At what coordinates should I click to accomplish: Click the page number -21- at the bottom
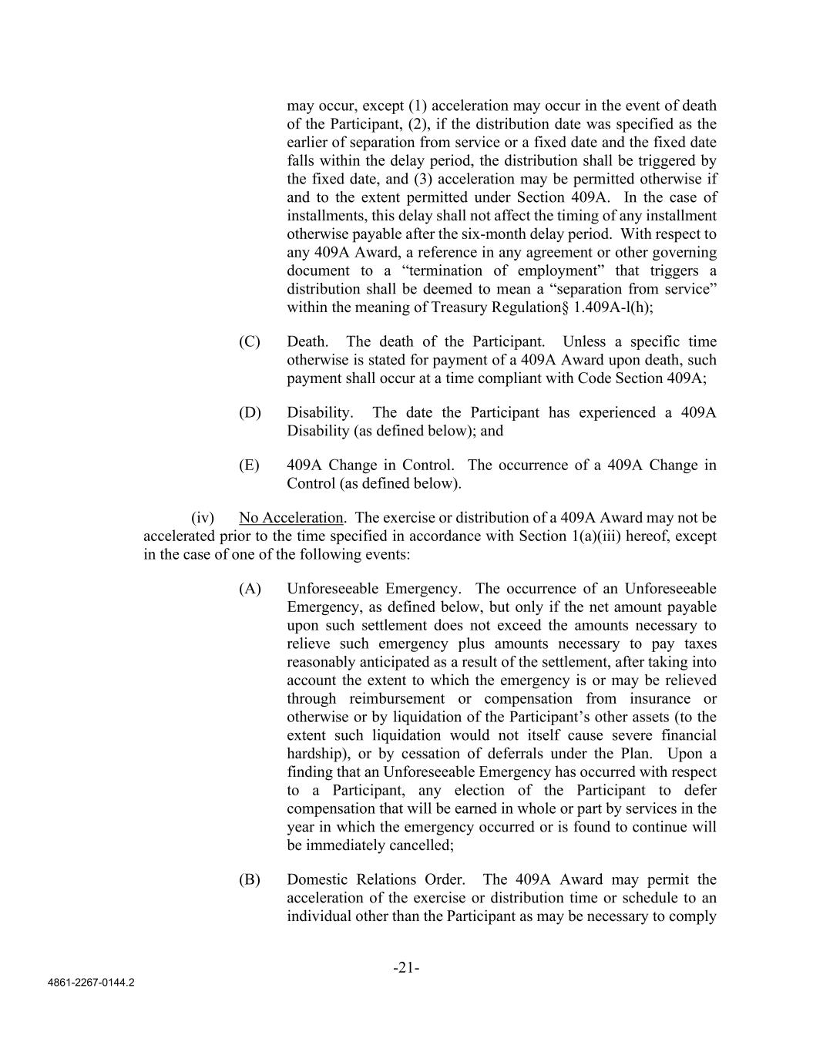click(406, 968)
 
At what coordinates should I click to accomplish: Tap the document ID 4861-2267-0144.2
click(91, 983)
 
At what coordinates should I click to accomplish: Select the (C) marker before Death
click(250, 341)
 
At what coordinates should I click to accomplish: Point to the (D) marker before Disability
click(250, 412)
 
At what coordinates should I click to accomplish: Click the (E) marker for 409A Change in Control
click(250, 465)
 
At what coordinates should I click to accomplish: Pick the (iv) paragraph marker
click(202, 517)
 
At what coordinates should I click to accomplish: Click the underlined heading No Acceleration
click(291, 517)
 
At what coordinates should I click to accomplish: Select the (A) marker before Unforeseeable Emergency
click(250, 588)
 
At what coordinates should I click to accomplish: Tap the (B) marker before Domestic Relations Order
click(250, 879)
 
